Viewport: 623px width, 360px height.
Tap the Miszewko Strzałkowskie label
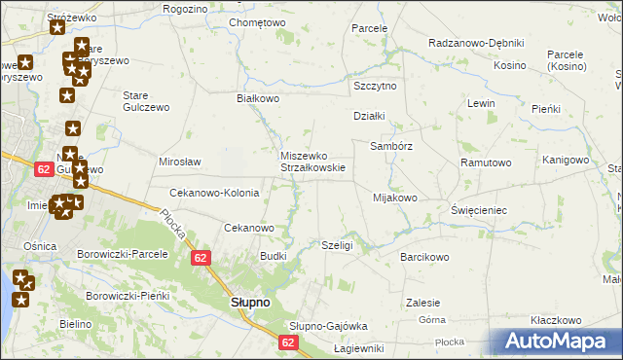pyautogui.click(x=313, y=161)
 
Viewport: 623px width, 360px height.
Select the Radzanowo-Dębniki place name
pyautogui.click(x=477, y=43)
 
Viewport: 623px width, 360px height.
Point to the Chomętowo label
pyautogui.click(x=257, y=22)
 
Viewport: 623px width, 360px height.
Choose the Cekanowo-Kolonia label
pyautogui.click(x=214, y=193)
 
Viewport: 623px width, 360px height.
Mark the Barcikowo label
pyautogui.click(x=424, y=258)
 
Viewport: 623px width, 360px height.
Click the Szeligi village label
pyautogui.click(x=337, y=246)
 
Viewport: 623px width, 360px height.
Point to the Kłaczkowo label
pyautogui.click(x=556, y=320)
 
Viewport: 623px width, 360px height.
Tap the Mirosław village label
pyautogui.click(x=180, y=162)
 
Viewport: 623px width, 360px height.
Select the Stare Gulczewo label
pyautogui.click(x=146, y=101)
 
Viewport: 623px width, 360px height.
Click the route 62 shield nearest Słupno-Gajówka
pyautogui.click(x=288, y=342)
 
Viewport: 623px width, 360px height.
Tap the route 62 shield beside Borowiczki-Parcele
pyautogui.click(x=201, y=257)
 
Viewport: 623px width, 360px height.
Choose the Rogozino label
pyautogui.click(x=186, y=9)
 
